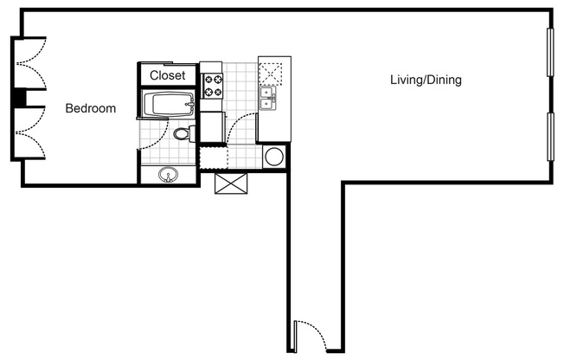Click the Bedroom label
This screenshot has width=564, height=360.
pos(91,109)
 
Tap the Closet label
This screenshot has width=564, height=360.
pos(167,75)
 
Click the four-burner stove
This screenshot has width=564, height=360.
pos(212,85)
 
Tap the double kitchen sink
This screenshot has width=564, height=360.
pos(268,99)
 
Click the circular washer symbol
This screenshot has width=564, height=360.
pos(274,157)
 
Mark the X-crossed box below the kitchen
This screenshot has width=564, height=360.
pos(231,183)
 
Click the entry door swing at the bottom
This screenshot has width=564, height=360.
pos(310,336)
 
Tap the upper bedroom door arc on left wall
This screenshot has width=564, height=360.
pos(29,64)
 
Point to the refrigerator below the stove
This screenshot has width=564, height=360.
pos(212,126)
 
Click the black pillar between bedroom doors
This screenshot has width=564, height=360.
pos(16,99)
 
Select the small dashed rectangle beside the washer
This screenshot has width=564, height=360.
pos(212,157)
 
